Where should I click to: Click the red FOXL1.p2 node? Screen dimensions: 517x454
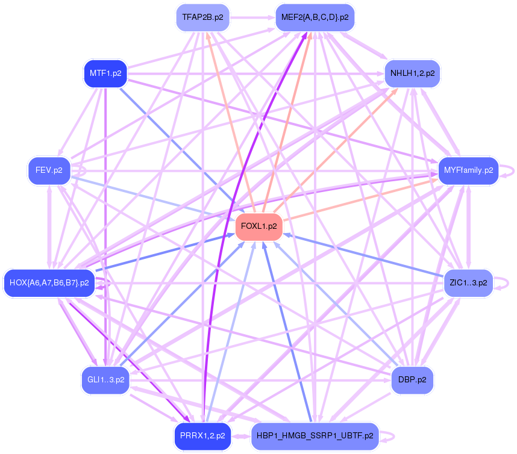point(259,226)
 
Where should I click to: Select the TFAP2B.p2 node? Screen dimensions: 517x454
point(203,17)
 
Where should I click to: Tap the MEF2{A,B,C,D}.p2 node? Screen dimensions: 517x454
point(315,17)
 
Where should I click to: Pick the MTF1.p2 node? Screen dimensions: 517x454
point(105,73)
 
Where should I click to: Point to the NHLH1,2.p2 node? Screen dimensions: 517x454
point(413,73)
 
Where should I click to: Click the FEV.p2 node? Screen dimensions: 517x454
point(49,170)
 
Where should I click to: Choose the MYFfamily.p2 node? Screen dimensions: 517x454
point(468,170)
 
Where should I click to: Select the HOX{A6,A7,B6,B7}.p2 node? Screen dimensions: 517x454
point(49,283)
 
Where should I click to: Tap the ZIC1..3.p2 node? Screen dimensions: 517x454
point(468,283)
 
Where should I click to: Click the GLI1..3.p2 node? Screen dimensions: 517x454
point(105,380)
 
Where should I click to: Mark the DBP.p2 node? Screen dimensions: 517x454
point(412,380)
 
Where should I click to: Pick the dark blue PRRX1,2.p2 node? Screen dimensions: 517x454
point(202,436)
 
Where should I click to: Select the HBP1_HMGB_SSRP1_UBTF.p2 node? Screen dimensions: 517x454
point(315,436)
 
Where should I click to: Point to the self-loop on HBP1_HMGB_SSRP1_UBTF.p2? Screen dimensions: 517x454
point(387,436)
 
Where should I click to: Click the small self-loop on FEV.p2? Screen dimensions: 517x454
point(79,171)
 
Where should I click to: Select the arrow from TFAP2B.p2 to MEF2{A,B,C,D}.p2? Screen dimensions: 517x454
point(252,18)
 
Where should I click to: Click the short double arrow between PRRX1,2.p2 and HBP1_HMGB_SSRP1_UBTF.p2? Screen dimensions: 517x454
point(241,437)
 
